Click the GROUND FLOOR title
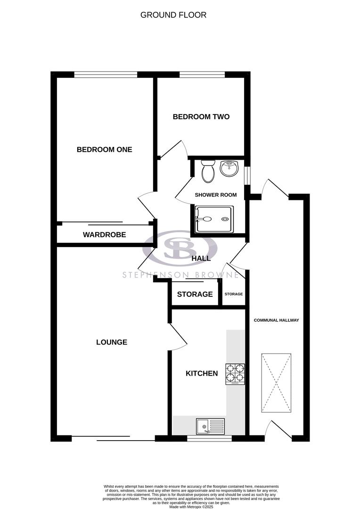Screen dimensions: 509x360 click(x=173, y=15)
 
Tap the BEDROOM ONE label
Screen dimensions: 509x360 click(x=105, y=149)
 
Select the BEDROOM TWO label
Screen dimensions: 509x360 click(x=201, y=116)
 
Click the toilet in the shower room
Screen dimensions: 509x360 click(x=207, y=171)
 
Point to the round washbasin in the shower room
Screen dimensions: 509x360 click(x=229, y=168)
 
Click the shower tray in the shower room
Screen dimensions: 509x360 click(x=214, y=219)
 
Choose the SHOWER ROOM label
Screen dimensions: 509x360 click(x=216, y=195)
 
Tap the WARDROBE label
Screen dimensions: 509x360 click(x=105, y=234)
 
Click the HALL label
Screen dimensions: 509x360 click(x=201, y=258)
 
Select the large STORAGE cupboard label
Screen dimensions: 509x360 click(x=195, y=294)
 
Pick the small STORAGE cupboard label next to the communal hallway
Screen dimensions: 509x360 click(x=234, y=294)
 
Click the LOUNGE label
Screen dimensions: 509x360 click(x=112, y=342)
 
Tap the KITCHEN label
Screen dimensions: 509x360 click(x=202, y=373)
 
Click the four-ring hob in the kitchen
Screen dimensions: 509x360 click(x=236, y=374)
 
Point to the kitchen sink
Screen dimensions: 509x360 click(x=211, y=427)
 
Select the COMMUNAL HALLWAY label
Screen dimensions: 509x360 click(x=277, y=320)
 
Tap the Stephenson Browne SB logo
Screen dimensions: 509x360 click(x=180, y=248)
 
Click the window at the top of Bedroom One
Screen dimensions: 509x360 click(x=106, y=74)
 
